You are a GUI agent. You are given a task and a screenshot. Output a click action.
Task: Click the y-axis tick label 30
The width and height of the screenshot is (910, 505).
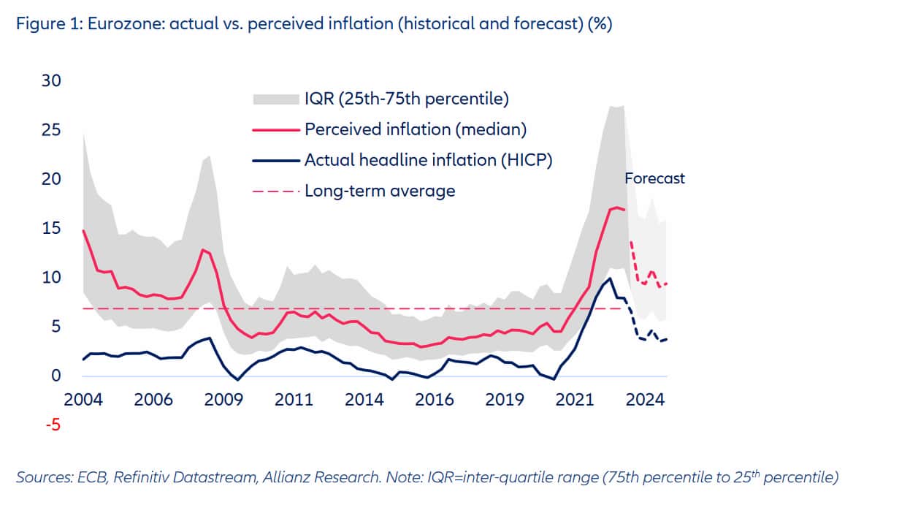coord(52,80)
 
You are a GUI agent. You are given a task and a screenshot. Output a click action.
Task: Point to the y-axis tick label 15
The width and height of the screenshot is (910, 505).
coord(52,228)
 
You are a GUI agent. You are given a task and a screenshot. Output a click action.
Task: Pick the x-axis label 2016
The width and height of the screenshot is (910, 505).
coord(434,400)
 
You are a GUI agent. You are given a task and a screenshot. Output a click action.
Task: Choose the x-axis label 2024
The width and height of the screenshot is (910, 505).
coord(646,400)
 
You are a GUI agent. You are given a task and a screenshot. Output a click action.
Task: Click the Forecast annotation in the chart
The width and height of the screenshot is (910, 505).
coord(654,178)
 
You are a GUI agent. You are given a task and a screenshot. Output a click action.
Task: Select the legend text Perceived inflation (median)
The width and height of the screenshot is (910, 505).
coord(416,129)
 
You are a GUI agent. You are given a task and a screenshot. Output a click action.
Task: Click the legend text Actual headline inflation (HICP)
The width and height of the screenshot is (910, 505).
coord(428,160)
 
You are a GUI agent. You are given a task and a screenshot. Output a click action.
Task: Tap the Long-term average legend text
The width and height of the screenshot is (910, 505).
coord(380,191)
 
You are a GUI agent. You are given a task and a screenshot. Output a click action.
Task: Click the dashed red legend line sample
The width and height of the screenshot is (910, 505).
coord(275,191)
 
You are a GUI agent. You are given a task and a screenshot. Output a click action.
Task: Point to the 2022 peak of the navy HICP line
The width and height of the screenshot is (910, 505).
coord(610,278)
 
